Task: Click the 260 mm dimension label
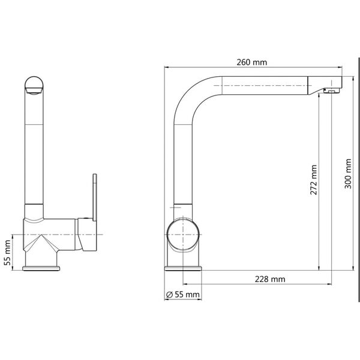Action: coord(252,62)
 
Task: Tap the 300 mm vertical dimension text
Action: coord(349,173)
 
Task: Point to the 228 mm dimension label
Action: coord(269,279)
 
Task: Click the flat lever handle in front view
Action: coord(94,197)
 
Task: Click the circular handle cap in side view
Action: coord(183,235)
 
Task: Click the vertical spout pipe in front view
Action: coord(35,150)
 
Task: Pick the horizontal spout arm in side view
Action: coord(264,86)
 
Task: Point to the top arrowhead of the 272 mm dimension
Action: coord(319,96)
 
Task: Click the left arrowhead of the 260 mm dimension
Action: coord(166,68)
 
